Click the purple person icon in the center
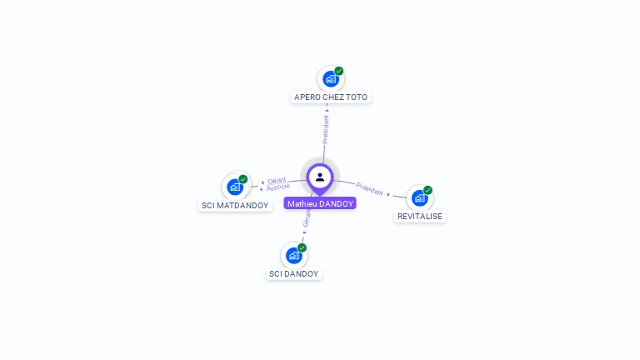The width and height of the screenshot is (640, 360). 320,177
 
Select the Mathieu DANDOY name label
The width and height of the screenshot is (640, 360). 320,203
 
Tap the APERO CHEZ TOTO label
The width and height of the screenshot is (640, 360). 331,97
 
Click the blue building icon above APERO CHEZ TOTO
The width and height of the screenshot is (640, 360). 330,79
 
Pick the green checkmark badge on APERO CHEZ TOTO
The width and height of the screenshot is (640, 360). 339,71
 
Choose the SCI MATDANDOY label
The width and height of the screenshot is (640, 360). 235,205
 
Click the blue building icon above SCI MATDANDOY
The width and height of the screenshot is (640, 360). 234,187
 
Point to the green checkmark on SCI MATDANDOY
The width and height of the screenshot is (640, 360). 243,179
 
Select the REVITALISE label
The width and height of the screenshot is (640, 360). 420,216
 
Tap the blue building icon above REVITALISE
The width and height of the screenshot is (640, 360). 419,197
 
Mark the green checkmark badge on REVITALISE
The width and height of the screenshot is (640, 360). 428,190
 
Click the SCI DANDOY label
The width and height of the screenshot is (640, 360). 293,273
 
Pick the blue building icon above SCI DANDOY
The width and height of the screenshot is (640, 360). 292,255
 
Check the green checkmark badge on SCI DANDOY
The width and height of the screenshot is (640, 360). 302,247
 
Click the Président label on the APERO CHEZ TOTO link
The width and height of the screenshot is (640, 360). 326,129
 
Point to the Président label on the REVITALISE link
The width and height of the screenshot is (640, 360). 369,188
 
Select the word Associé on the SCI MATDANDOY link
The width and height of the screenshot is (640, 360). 278,187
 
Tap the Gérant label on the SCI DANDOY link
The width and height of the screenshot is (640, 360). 306,219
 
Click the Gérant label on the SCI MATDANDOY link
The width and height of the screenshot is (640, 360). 277,180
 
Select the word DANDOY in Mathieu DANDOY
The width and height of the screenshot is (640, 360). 337,203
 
